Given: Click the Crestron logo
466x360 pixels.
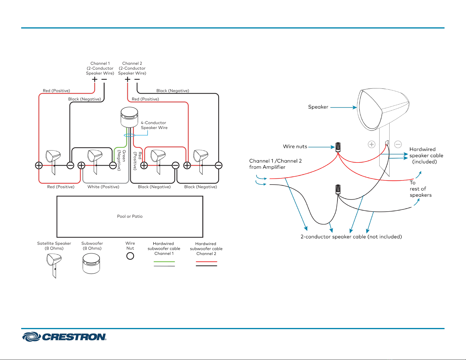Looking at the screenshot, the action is coord(64,337).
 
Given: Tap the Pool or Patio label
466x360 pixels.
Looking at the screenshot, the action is coord(130,216).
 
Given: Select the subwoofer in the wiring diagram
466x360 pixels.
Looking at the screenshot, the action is coord(129,117).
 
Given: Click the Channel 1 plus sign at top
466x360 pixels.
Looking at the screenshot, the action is coord(95,80).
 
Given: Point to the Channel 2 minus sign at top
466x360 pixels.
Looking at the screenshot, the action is coord(137,80).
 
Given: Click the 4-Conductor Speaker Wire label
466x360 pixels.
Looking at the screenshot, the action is coord(154,125).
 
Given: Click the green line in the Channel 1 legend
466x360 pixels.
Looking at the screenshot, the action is coord(164,262).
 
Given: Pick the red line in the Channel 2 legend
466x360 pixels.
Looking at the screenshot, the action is coord(206,262).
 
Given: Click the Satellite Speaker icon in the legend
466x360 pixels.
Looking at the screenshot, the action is coord(54,266).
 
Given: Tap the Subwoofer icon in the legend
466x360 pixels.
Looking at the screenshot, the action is coord(91,264).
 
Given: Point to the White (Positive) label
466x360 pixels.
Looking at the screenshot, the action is coord(103,187).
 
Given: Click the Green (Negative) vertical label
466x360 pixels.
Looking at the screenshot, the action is coord(122,160).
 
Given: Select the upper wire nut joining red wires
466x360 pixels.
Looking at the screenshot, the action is coord(338,147).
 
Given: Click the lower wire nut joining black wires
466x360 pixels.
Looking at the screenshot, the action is coord(338,190).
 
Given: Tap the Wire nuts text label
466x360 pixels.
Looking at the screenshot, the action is coord(295,147).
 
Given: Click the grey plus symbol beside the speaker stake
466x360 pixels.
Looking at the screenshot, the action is coord(372,144).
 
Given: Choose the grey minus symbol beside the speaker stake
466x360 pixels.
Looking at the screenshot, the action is coord(398,144).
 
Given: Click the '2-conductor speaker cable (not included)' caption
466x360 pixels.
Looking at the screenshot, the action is coord(351,237).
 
